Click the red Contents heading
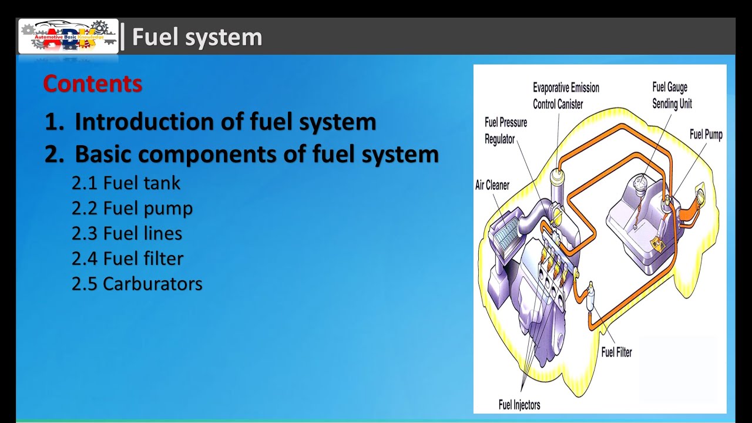coord(92,84)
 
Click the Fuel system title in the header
coord(197,37)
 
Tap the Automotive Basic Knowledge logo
coord(68,36)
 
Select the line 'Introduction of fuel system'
coord(225,122)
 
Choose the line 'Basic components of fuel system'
coord(256,154)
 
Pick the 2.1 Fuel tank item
coord(126,183)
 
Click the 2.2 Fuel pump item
coord(132,209)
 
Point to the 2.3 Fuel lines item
coord(127,234)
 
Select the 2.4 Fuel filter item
coord(127,258)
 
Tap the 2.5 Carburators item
coord(137,284)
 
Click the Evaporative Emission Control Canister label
coord(566,96)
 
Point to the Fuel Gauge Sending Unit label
coord(672,95)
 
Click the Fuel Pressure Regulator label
coord(505,130)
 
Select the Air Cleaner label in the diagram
coord(492,185)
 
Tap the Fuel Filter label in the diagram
coord(616,352)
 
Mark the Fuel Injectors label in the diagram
coord(519,405)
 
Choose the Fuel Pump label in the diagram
coord(706,135)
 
